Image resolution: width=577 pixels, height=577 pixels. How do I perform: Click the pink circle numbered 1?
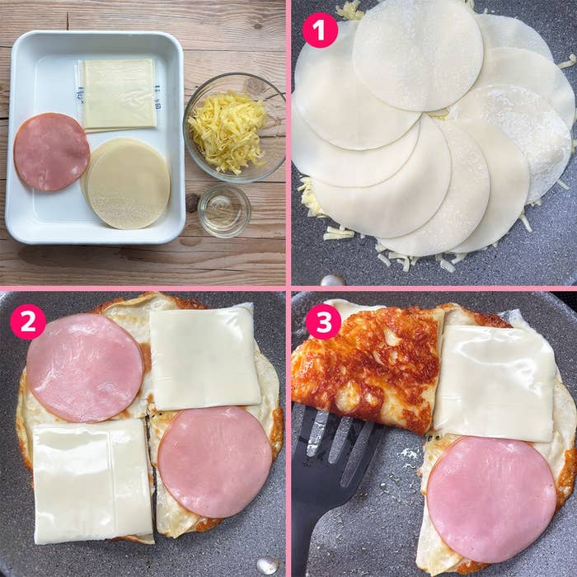point(320,30)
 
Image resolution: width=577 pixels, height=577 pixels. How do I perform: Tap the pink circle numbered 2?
point(28,321)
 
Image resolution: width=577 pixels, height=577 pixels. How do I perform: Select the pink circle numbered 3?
point(322,321)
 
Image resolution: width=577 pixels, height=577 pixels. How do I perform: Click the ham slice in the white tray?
point(51,152)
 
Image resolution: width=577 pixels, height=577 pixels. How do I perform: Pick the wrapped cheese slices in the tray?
point(118,92)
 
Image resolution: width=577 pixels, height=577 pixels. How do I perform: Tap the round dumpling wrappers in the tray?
point(128,184)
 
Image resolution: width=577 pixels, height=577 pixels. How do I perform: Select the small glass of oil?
point(223,209)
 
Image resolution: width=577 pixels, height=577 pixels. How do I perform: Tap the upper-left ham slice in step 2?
point(85,368)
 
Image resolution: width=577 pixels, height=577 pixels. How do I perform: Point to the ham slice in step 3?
point(490,500)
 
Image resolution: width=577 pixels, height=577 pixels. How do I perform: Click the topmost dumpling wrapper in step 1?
point(418,54)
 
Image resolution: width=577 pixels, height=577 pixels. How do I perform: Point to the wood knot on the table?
point(191,202)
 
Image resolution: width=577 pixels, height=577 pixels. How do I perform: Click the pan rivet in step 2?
point(267,565)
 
